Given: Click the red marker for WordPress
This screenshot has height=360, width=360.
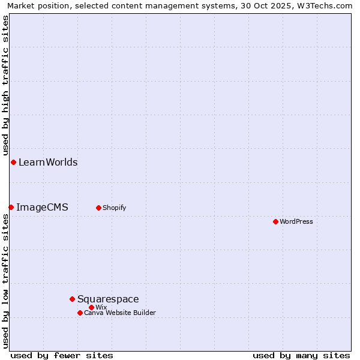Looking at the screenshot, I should click(275, 221).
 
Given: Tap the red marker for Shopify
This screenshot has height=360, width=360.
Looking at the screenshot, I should click(98, 208).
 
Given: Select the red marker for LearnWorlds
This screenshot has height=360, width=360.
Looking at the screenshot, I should click(13, 162).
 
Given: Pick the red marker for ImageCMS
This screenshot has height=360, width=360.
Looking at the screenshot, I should click(11, 207).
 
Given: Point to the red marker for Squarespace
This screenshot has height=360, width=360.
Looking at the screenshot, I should click(72, 299).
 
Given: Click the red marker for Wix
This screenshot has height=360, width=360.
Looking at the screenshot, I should click(91, 307).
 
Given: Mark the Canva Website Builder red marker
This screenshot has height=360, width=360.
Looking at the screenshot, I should click(80, 313).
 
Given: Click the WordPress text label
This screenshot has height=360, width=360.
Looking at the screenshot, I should click(296, 221).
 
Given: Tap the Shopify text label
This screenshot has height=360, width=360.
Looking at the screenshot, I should click(114, 208).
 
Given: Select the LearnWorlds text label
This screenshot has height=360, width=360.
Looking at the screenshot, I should click(48, 162).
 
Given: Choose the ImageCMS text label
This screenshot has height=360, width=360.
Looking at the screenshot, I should click(42, 207).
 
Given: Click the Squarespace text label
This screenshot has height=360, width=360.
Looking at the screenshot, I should click(108, 299).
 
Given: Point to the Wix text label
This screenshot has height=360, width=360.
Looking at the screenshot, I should click(101, 307).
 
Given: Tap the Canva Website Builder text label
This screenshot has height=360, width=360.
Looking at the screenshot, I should click(119, 313).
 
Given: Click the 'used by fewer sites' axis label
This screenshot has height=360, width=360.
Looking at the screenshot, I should click(62, 355).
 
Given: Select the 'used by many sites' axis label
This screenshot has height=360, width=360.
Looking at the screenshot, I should click(301, 355).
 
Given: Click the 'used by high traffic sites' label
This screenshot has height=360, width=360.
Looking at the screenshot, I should click(5, 85).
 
